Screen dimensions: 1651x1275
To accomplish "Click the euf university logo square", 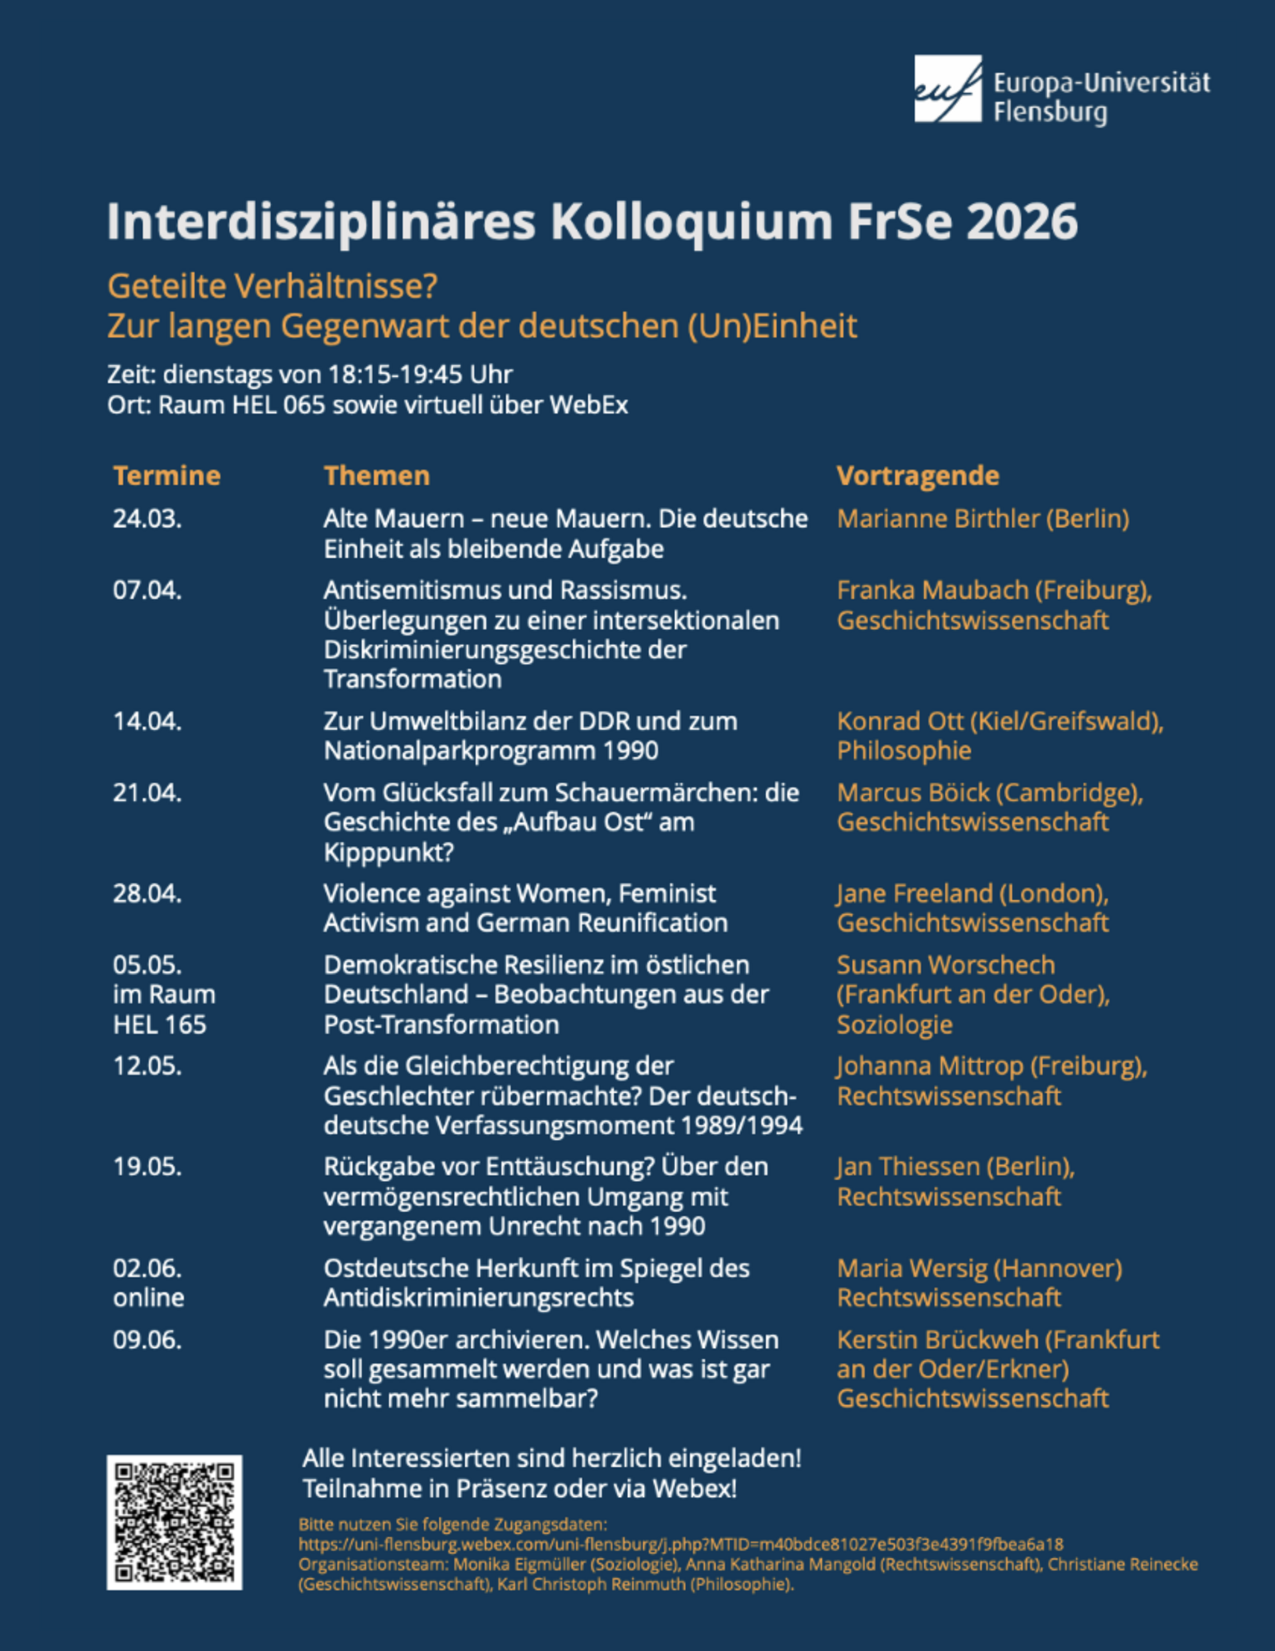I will click(x=948, y=89).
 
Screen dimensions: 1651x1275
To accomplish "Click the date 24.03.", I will click(x=147, y=519).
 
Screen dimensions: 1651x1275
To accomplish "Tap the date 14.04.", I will click(x=147, y=721).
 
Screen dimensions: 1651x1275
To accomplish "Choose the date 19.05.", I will click(x=147, y=1166).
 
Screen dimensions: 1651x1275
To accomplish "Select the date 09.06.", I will click(x=147, y=1340).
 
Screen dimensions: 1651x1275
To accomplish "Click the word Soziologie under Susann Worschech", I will click(x=894, y=1024).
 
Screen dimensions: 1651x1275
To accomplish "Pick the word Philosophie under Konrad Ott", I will click(x=904, y=750).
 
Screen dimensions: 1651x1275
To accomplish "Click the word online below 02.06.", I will click(x=149, y=1297).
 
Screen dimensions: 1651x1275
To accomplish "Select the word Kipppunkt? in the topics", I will click(x=388, y=852).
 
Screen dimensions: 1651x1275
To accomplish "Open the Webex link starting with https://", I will click(x=680, y=1544).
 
